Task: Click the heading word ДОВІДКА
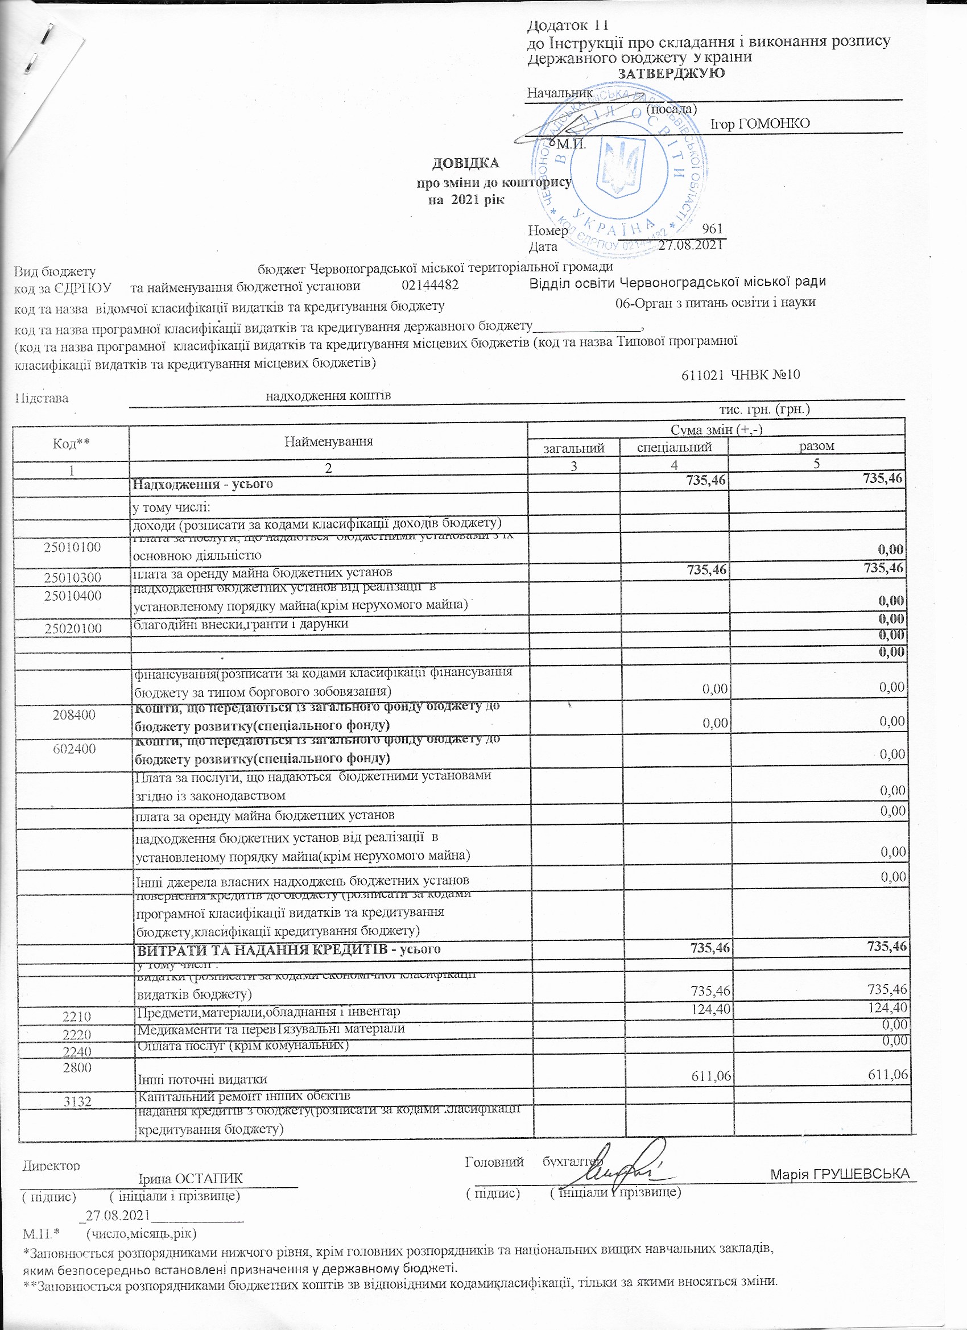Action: pos(466,163)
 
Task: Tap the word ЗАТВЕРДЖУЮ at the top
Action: pos(671,73)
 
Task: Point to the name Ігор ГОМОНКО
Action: pos(760,124)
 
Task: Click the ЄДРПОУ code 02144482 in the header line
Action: pos(430,286)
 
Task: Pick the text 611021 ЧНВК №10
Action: pos(741,374)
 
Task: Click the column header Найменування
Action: pos(328,441)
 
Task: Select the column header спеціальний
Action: pos(675,448)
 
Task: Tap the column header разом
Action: pos(816,445)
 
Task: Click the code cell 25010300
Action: pos(73,577)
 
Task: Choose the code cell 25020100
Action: pos(73,629)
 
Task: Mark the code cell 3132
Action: pos(77,1101)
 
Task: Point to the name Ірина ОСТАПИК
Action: pos(190,1179)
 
